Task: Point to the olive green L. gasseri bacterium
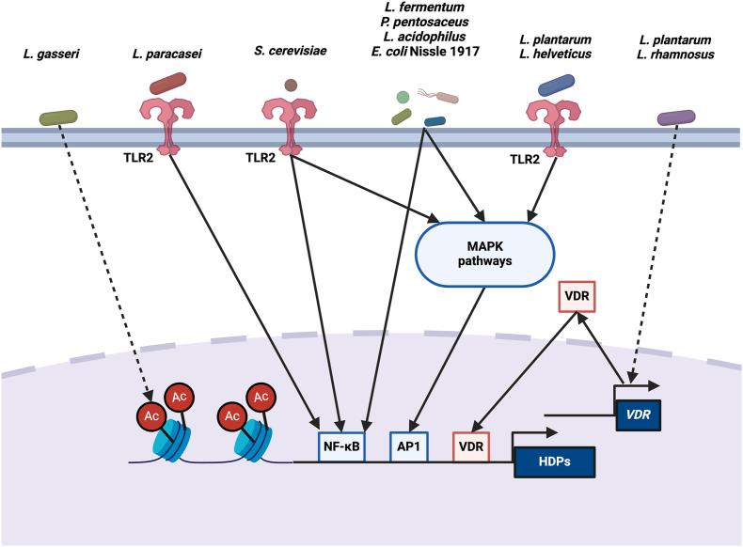pos(58,117)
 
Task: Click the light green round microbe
pos(402,96)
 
